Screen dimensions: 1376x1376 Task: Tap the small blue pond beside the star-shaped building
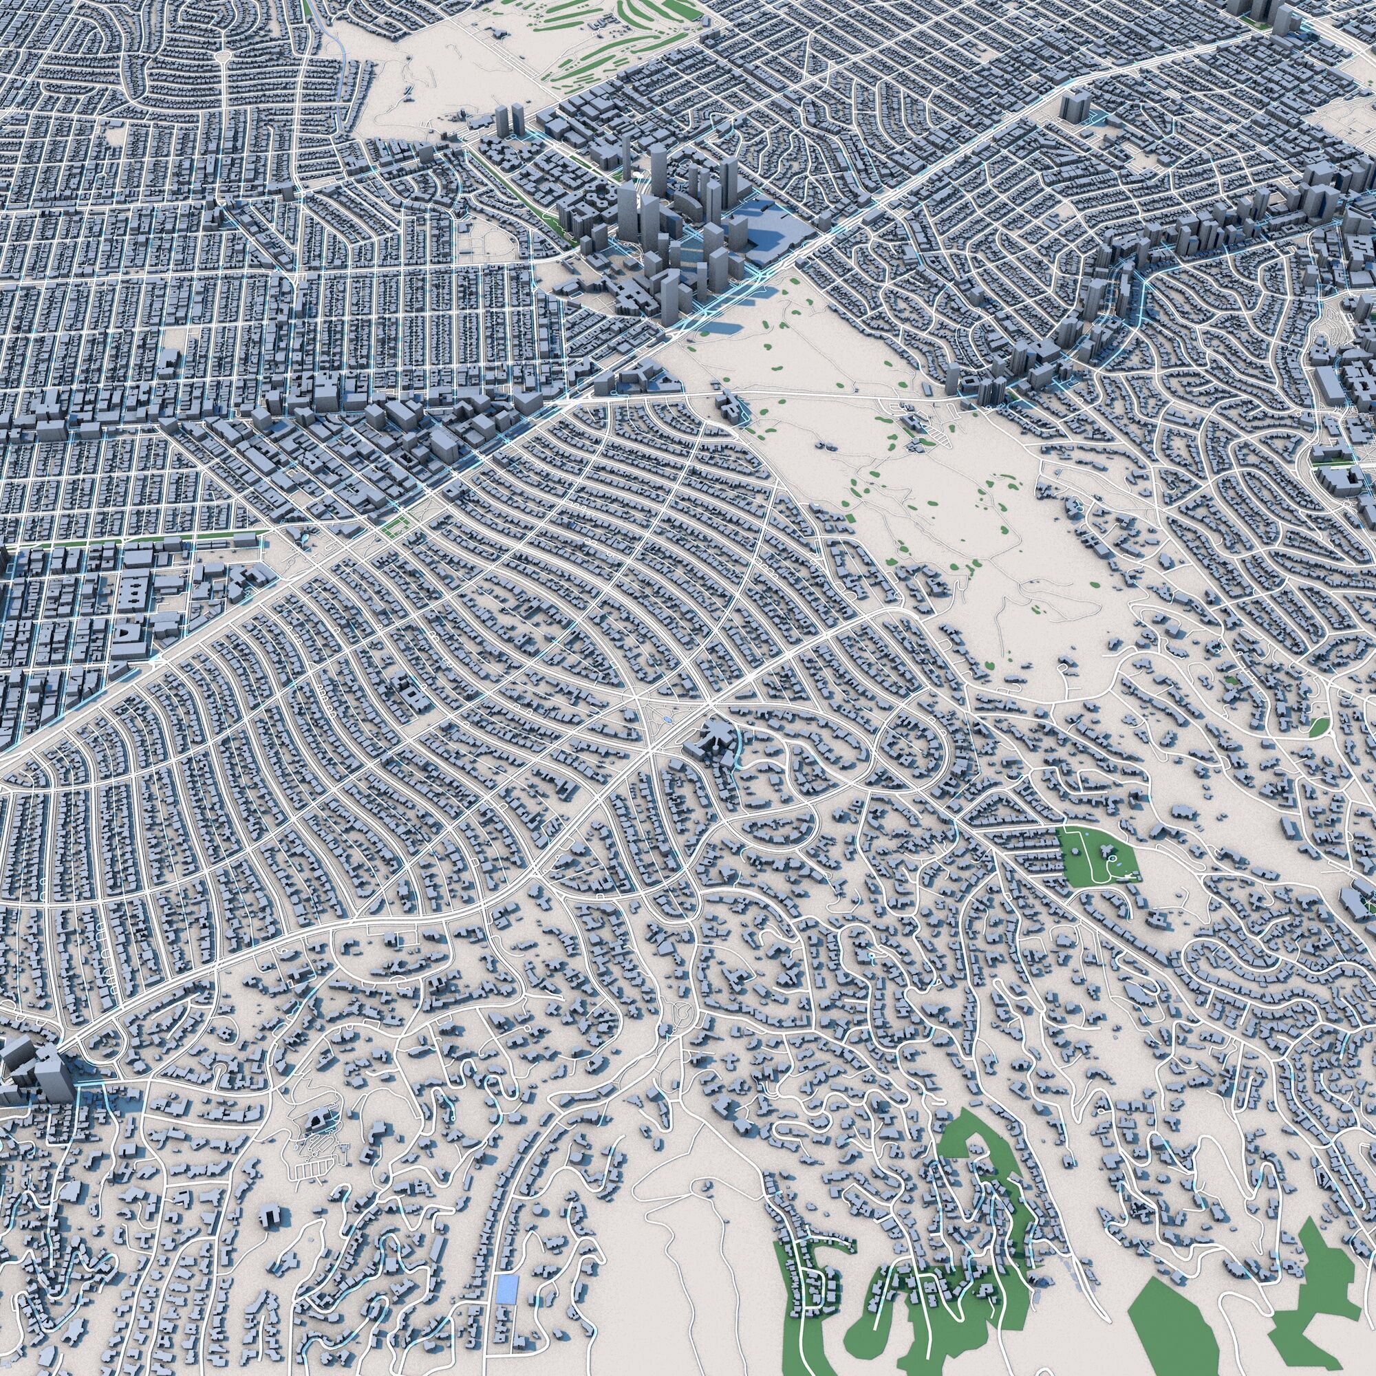coord(665,721)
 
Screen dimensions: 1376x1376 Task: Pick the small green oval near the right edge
coord(1319,726)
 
